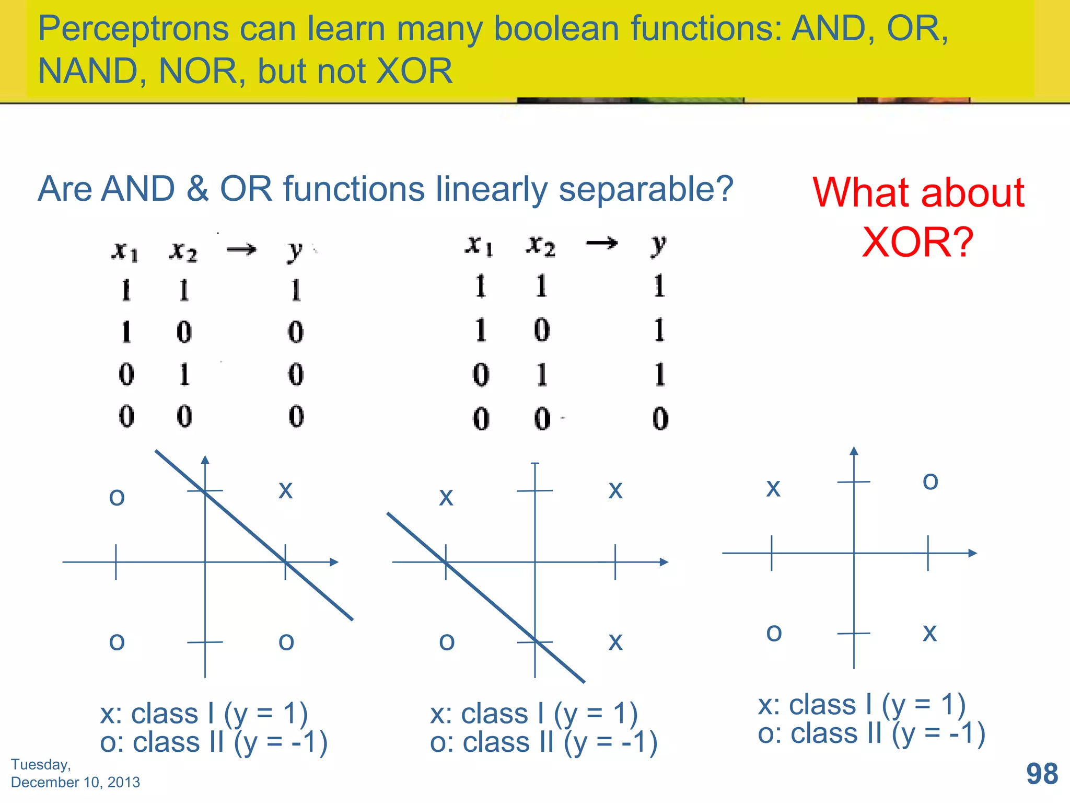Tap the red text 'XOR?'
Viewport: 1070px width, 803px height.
(x=917, y=243)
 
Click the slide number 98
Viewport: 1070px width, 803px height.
(x=1042, y=774)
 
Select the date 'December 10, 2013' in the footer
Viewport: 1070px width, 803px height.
(x=75, y=782)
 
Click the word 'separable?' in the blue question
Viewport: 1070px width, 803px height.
(x=646, y=189)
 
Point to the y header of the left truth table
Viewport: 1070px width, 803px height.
(x=295, y=250)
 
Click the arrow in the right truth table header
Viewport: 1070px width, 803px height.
(x=602, y=243)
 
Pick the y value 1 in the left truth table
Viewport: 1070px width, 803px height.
(x=296, y=290)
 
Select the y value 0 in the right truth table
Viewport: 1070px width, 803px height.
(x=660, y=419)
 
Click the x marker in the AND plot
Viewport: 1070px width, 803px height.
(x=285, y=490)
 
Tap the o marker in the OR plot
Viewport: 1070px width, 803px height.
(x=447, y=641)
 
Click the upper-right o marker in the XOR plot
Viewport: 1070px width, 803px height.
(x=931, y=481)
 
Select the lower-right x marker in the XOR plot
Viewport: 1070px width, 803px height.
(x=930, y=633)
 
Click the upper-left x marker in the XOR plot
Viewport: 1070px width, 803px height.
(x=773, y=488)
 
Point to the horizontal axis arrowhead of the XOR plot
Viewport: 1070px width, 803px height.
(x=972, y=553)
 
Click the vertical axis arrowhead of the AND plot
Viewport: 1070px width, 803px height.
(x=205, y=460)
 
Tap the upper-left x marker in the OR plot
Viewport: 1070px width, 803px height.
(x=446, y=497)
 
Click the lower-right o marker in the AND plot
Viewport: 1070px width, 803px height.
(x=286, y=642)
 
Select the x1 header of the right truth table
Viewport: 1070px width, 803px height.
(x=479, y=245)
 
